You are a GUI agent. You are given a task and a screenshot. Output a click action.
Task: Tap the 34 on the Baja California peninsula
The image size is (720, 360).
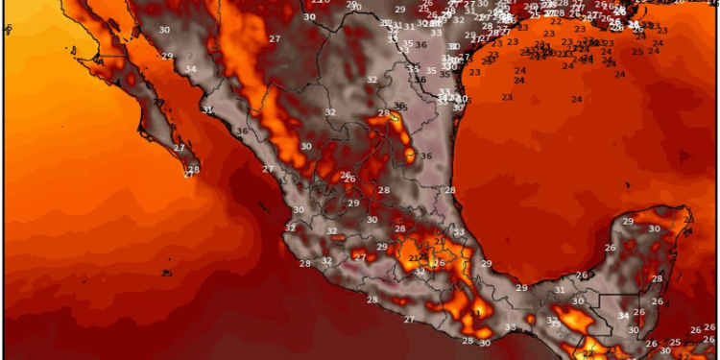[191, 69]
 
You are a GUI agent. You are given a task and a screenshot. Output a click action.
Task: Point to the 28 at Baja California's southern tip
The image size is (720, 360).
[194, 171]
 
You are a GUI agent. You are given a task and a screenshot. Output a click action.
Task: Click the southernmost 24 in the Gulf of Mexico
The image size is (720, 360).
[577, 100]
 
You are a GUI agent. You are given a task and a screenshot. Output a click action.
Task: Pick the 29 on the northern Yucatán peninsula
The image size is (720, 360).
[628, 222]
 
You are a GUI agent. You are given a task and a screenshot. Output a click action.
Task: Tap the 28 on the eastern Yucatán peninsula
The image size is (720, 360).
[659, 278]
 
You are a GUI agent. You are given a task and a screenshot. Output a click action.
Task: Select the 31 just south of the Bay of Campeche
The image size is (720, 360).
[560, 290]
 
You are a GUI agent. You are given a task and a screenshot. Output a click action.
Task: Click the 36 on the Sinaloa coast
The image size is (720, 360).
[242, 132]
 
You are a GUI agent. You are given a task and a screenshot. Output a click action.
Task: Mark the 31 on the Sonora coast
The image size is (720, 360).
[207, 110]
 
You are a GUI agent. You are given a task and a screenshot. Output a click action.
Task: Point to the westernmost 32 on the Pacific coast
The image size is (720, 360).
[290, 228]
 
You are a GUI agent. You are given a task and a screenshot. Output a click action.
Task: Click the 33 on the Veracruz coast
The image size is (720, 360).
[459, 232]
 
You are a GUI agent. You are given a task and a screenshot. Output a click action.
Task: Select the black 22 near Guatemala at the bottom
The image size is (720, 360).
[588, 354]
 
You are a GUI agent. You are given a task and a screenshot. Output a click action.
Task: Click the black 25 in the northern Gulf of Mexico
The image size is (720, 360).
[638, 51]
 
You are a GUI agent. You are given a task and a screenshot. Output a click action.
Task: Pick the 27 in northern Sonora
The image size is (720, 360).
[275, 38]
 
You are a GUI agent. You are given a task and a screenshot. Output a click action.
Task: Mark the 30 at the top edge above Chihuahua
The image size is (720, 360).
[309, 17]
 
